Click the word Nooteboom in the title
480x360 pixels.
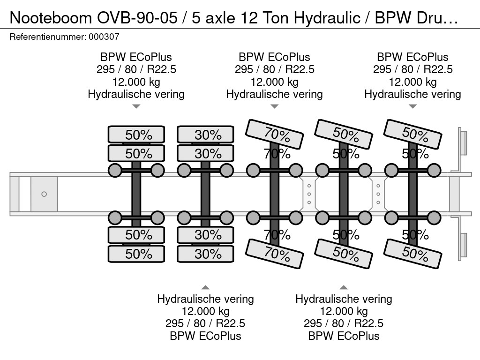[x=51, y=18]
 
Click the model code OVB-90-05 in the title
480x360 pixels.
[x=137, y=18]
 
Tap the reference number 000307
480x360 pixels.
[x=104, y=37]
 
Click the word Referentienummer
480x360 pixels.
[x=48, y=37]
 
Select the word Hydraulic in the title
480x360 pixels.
[x=327, y=18]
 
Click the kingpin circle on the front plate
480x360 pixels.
[x=44, y=194]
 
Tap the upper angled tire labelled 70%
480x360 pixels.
[x=275, y=134]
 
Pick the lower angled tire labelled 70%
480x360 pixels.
[x=275, y=254]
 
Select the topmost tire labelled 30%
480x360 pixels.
[x=205, y=135]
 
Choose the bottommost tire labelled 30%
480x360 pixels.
[x=205, y=254]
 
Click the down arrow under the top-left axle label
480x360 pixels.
[x=136, y=106]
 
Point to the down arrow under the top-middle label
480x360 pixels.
[x=275, y=106]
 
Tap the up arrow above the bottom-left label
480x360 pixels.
[x=205, y=287]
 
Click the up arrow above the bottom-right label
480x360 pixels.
[x=344, y=287]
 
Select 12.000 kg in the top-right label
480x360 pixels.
[x=412, y=82]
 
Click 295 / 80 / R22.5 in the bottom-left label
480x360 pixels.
[x=205, y=323]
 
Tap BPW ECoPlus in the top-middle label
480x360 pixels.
[x=275, y=57]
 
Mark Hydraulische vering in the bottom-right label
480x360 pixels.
[x=344, y=299]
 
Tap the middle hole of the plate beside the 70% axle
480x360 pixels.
[x=309, y=194]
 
